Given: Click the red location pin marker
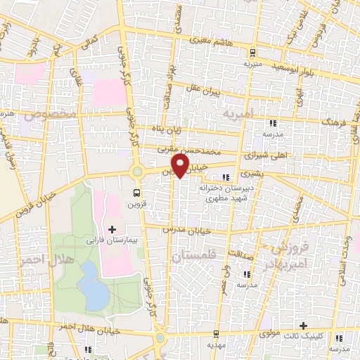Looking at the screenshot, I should tap(181, 166).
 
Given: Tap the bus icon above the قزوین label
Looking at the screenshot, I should tap(136, 191).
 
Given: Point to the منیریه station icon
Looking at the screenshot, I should tap(252, 52).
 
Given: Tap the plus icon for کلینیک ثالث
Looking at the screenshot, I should tap(303, 326).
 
